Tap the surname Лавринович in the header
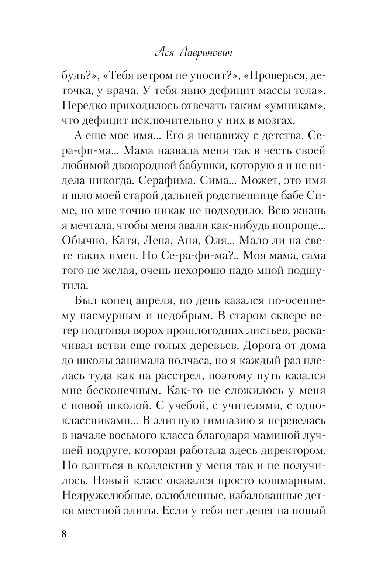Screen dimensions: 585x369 click(x=207, y=53)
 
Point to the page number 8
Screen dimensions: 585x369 click(x=64, y=534)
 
